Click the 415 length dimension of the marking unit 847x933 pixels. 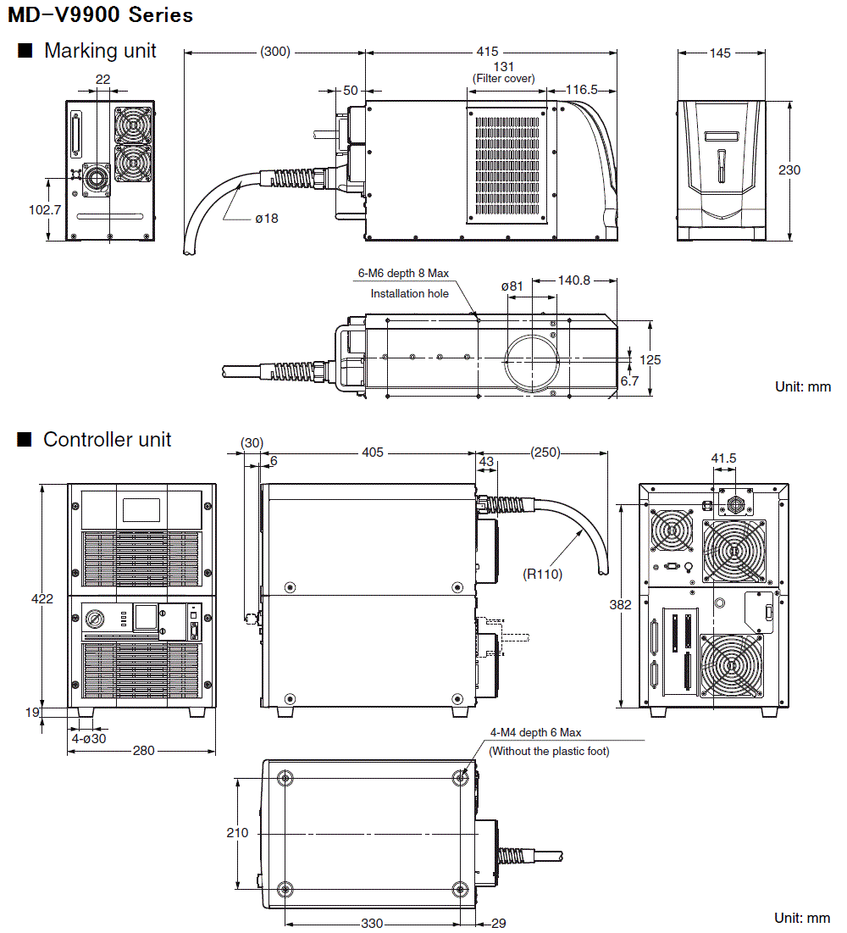pyautogui.click(x=487, y=52)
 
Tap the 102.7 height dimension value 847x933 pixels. pyautogui.click(x=45, y=210)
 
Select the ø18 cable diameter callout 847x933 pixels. pyautogui.click(x=267, y=219)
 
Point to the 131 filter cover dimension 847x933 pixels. pyautogui.click(x=504, y=67)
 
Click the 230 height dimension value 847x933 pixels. pyautogui.click(x=789, y=170)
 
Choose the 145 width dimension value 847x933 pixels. pyautogui.click(x=720, y=53)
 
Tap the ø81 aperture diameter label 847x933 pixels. pyautogui.click(x=512, y=286)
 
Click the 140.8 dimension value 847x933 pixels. pyautogui.click(x=574, y=280)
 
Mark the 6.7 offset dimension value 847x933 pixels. pyautogui.click(x=630, y=380)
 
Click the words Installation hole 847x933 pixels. pyautogui.click(x=410, y=293)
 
